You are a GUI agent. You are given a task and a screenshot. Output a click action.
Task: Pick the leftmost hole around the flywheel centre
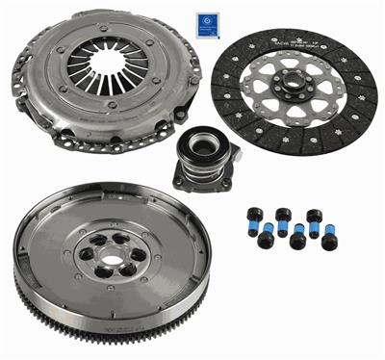click(85, 254)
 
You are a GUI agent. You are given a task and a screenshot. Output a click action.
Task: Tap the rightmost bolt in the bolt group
click(328, 241)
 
